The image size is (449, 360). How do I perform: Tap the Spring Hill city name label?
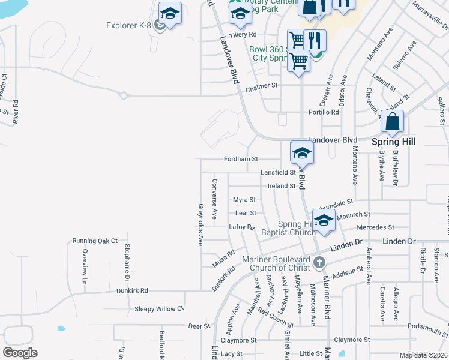pyautogui.click(x=394, y=142)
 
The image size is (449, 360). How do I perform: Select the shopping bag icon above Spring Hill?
pyautogui.click(x=392, y=122)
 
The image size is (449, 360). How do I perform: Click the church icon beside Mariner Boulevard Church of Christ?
pyautogui.click(x=319, y=262)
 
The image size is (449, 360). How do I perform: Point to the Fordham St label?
pyautogui.click(x=240, y=159)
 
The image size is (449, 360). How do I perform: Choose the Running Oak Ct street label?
pyautogui.click(x=95, y=241)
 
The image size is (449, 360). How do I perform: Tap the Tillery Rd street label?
pyautogui.click(x=243, y=35)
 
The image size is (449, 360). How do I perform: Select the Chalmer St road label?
pyautogui.click(x=262, y=86)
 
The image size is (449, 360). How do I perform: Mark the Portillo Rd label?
pyautogui.click(x=324, y=112)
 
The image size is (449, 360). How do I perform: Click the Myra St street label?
pyautogui.click(x=244, y=200)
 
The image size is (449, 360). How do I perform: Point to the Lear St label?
pyautogui.click(x=246, y=213)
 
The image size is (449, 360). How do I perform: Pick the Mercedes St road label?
pyautogui.click(x=375, y=227)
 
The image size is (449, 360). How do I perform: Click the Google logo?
pyautogui.click(x=20, y=353)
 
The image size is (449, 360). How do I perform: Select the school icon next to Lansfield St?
pyautogui.click(x=301, y=153)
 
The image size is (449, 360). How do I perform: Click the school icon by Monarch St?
pyautogui.click(x=324, y=221)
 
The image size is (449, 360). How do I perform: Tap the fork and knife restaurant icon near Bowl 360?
pyautogui.click(x=315, y=41)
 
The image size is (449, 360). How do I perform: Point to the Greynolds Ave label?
pyautogui.click(x=200, y=224)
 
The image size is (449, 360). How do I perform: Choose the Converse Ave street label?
pyautogui.click(x=214, y=199)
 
